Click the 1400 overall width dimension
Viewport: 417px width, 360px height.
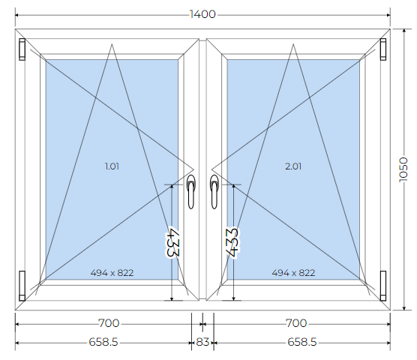click(202, 14)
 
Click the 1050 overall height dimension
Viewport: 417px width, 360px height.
click(403, 170)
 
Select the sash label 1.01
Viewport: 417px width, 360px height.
click(112, 166)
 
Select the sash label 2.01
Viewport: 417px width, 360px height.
click(293, 166)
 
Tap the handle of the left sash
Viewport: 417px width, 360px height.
click(191, 191)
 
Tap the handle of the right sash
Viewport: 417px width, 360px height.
click(214, 191)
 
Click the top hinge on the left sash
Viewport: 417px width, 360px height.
click(22, 49)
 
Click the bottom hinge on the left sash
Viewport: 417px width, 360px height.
click(22, 286)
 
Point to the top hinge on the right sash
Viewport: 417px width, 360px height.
click(383, 49)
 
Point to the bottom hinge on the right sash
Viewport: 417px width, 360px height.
click(383, 286)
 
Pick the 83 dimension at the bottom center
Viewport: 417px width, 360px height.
click(202, 342)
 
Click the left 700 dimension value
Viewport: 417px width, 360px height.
click(109, 323)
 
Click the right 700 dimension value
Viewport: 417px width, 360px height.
click(296, 323)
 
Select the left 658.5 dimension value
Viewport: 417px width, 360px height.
click(103, 342)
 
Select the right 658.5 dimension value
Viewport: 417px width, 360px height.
click(302, 342)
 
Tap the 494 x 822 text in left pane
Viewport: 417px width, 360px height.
click(112, 273)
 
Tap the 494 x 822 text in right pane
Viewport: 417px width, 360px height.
click(293, 273)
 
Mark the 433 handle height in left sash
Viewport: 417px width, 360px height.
click(172, 242)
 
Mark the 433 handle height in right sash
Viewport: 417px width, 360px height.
click(232, 242)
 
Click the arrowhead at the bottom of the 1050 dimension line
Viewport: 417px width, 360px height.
click(404, 308)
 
